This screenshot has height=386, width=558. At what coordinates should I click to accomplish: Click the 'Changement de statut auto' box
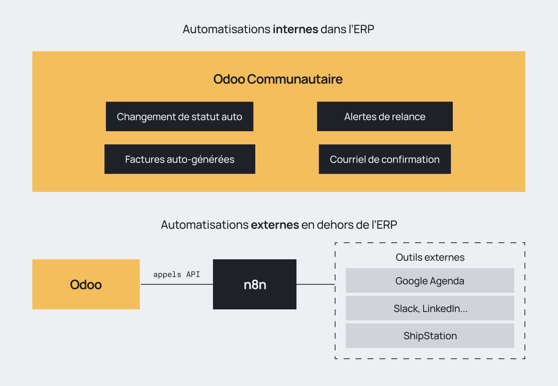tap(180, 116)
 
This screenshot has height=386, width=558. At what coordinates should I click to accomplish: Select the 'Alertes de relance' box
tap(385, 116)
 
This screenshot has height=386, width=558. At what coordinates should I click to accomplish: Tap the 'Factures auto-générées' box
tap(180, 159)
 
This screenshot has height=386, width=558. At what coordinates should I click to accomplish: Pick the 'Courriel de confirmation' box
tap(385, 159)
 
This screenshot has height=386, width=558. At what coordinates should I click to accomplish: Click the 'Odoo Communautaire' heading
tap(278, 79)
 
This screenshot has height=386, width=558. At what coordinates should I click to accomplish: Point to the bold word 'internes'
tap(295, 29)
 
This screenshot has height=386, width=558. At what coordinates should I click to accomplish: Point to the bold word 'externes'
tap(275, 225)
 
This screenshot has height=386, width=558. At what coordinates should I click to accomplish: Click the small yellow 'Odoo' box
tap(86, 284)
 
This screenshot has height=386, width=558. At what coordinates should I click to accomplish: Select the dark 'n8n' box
tap(255, 284)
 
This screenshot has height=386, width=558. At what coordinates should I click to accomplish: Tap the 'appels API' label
tap(177, 274)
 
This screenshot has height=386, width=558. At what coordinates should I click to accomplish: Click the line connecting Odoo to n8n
tap(177, 284)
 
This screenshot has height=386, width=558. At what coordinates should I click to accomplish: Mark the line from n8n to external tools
tap(316, 284)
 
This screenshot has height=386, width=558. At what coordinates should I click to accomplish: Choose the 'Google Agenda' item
tap(430, 281)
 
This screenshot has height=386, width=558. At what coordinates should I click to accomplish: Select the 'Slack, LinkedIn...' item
tap(430, 308)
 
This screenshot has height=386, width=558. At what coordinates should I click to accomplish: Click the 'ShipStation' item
tap(430, 336)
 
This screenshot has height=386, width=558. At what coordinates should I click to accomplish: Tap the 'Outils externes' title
tap(430, 257)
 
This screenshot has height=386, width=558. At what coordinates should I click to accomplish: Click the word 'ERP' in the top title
tap(364, 29)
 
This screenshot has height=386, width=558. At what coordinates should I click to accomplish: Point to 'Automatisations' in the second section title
tap(205, 225)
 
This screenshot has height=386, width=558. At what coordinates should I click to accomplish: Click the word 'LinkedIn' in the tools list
tap(441, 308)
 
